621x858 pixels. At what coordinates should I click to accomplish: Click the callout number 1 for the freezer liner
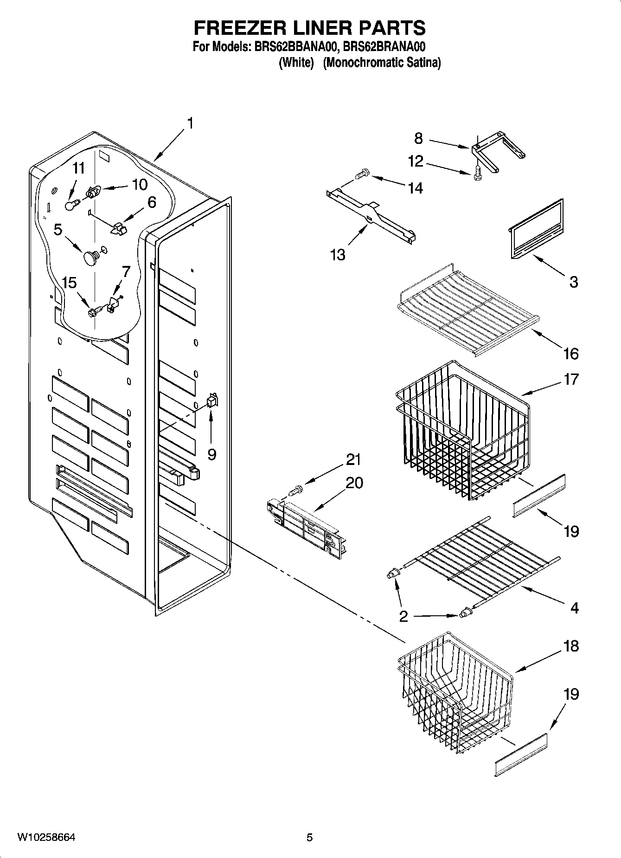click(190, 123)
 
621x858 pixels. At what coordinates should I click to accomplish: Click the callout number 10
click(139, 184)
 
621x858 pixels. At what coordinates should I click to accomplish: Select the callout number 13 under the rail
click(338, 254)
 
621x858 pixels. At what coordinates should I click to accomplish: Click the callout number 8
click(418, 138)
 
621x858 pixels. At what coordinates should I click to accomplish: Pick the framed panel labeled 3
click(537, 227)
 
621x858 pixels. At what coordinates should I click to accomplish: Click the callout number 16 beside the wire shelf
click(570, 354)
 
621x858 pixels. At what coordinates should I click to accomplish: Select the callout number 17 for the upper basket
click(571, 379)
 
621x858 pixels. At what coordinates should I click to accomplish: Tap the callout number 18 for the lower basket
click(571, 645)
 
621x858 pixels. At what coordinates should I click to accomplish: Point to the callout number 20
click(354, 483)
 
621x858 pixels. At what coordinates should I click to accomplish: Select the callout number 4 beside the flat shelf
click(574, 608)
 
